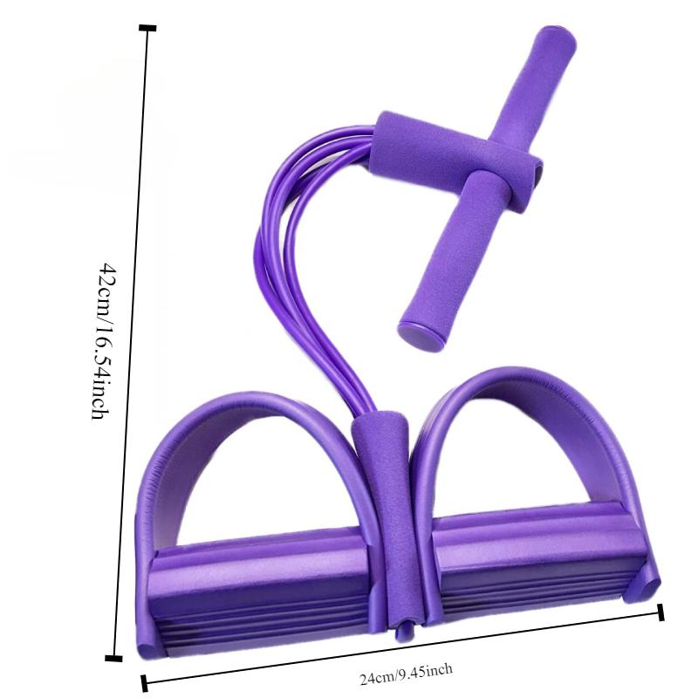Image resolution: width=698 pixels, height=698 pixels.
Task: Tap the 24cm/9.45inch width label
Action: pos(405,673)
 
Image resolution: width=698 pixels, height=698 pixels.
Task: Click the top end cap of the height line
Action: pos(147,29)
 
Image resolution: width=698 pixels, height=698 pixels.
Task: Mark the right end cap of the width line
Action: pos(660,612)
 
